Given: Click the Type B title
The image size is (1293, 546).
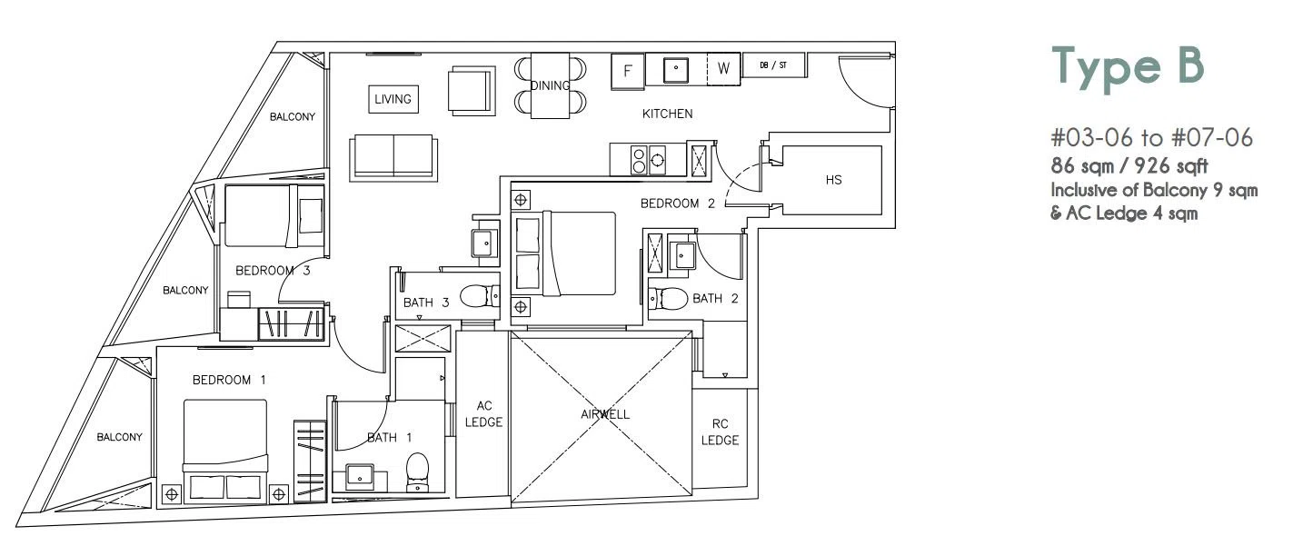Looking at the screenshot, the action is coord(1128,68).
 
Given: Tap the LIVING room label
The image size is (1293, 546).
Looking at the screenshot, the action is coord(393,99).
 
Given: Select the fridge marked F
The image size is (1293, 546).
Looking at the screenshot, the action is coord(628,71).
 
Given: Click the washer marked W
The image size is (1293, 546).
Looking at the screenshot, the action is coord(724,69).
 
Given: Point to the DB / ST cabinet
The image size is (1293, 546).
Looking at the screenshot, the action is coord(774,65).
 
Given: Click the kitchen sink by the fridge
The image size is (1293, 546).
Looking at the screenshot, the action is coord(675,70).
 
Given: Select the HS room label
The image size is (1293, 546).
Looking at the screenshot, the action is coord(833,180).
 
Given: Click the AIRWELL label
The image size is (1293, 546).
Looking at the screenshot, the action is coord(605,414).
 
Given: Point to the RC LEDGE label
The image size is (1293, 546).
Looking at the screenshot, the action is coord(720,432).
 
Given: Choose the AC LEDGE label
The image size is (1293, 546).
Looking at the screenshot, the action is coord(483,414).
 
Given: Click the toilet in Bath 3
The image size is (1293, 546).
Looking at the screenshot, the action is coord(480,297).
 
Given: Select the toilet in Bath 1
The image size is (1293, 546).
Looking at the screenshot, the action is coord(418,472).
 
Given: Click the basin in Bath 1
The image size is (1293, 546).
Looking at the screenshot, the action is coord(360,477).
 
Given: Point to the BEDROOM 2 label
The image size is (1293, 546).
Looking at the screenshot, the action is coord(678,204).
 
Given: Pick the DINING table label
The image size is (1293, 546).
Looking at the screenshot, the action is coord(550,86).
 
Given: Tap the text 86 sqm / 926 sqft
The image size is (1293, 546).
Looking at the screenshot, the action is coord(1129,166).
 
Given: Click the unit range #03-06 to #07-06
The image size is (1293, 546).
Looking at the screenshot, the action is coord(1151,138).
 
